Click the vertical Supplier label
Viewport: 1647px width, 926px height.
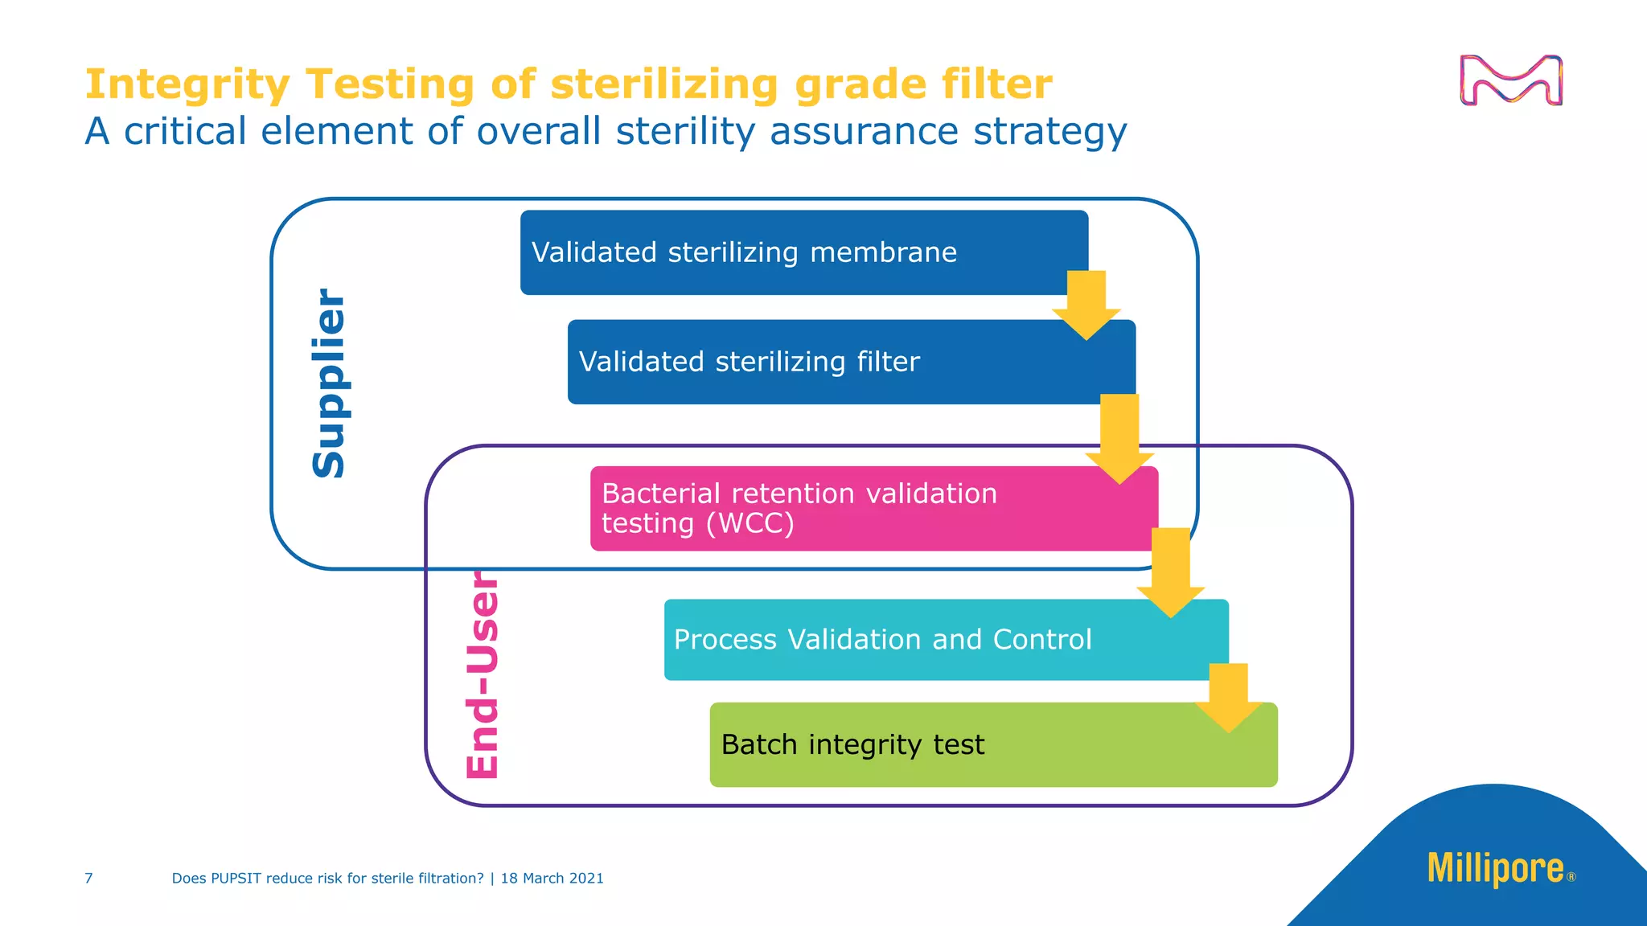[329, 383]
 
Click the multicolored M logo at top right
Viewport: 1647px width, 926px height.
[1511, 80]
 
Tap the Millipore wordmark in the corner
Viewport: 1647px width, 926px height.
[1496, 868]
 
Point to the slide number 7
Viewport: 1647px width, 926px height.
[88, 879]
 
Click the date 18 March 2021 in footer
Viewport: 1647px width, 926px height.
[552, 879]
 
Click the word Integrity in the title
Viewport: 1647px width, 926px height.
[187, 85]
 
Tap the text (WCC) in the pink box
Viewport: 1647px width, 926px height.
[750, 524]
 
